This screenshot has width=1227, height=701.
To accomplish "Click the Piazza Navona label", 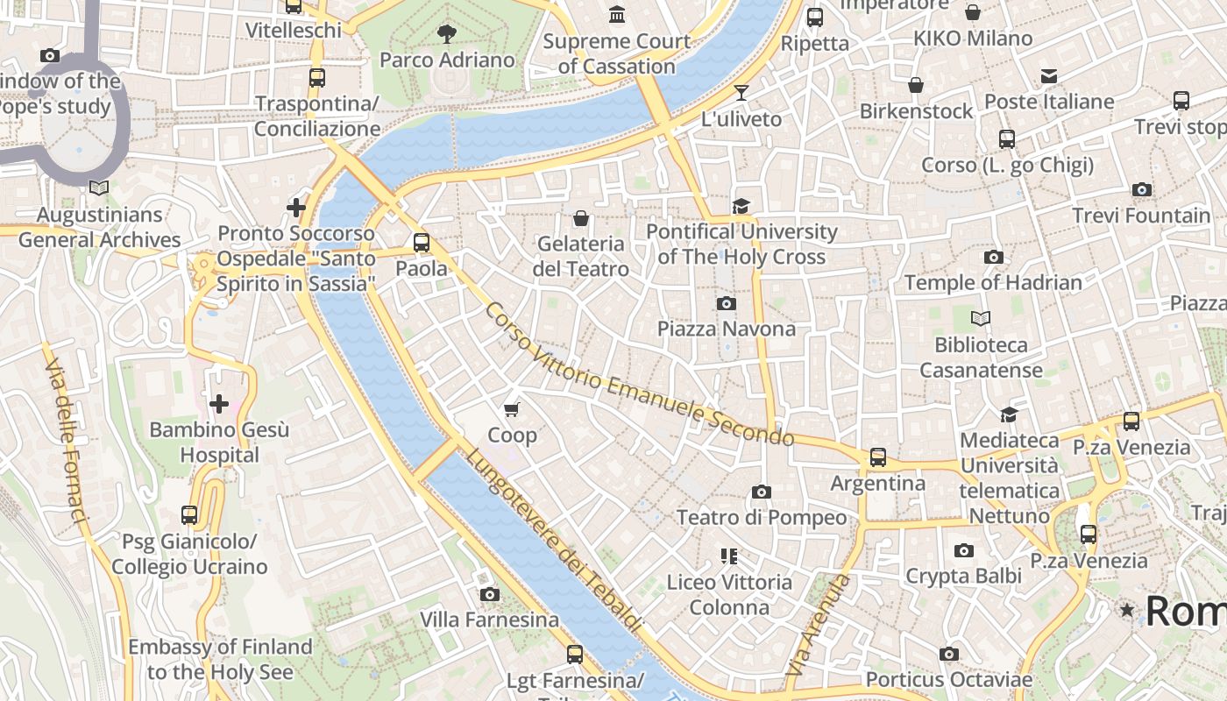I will pyautogui.click(x=727, y=329).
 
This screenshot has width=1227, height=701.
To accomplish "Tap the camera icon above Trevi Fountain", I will pyautogui.click(x=1141, y=189).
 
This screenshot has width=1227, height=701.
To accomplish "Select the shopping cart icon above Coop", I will pyautogui.click(x=512, y=409).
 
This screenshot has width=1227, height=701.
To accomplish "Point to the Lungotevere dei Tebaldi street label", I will pyautogui.click(x=553, y=539).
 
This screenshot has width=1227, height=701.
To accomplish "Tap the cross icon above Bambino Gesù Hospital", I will pyautogui.click(x=219, y=404).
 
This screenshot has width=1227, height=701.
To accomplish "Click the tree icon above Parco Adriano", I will pyautogui.click(x=447, y=34).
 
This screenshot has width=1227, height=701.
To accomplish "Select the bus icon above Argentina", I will pyautogui.click(x=877, y=457).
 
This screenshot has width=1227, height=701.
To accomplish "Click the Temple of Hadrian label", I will pyautogui.click(x=993, y=282).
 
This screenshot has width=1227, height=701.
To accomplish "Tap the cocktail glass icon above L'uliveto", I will pyautogui.click(x=741, y=92).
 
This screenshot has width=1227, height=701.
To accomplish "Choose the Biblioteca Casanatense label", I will pyautogui.click(x=981, y=357).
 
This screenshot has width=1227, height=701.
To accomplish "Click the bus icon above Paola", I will pyautogui.click(x=422, y=243).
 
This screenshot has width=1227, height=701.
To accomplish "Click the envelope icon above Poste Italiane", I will pyautogui.click(x=1049, y=76).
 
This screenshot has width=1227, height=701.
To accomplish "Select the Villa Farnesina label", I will pyautogui.click(x=489, y=620).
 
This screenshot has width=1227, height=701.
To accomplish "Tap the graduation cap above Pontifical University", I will pyautogui.click(x=741, y=206).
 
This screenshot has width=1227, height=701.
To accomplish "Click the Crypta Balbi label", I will pyautogui.click(x=963, y=576).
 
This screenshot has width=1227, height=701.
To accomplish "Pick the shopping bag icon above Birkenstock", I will pyautogui.click(x=916, y=85).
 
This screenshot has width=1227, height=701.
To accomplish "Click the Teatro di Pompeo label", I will pyautogui.click(x=762, y=517).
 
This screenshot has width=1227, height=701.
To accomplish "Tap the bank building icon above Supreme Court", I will pyautogui.click(x=617, y=15).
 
